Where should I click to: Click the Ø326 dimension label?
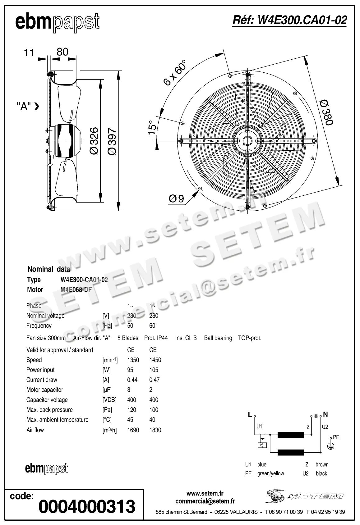tap(94, 141)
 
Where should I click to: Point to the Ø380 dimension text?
tap(326, 112)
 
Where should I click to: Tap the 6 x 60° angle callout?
tap(174, 73)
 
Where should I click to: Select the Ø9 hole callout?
tap(176, 199)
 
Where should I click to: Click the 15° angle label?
tap(151, 127)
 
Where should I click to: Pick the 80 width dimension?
tap(62, 52)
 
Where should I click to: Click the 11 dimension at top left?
tap(29, 52)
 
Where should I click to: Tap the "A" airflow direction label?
tap(24, 107)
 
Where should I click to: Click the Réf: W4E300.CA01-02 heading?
tap(289, 20)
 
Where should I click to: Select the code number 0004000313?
tap(87, 506)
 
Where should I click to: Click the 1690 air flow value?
tap(133, 430)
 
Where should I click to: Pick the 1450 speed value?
tap(155, 360)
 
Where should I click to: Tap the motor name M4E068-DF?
tap(76, 290)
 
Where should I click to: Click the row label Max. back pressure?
tap(49, 410)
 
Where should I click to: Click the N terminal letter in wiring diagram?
tap(325, 414)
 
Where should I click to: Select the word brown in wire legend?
tap(322, 464)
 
